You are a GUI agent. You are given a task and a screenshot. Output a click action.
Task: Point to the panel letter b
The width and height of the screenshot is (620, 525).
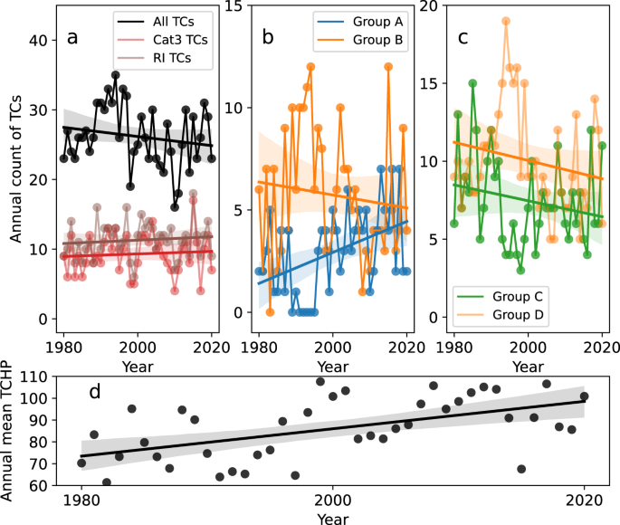[x=268, y=38]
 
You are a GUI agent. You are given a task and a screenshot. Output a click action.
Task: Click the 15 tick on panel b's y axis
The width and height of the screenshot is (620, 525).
[x=234, y=6]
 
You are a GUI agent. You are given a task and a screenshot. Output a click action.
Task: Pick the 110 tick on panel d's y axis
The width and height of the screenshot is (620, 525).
[x=36, y=376]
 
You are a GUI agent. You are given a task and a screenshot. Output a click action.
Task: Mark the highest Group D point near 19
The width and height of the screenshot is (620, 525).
[x=506, y=21]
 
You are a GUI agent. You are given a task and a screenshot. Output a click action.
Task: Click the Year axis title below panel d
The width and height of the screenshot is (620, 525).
[x=332, y=519]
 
